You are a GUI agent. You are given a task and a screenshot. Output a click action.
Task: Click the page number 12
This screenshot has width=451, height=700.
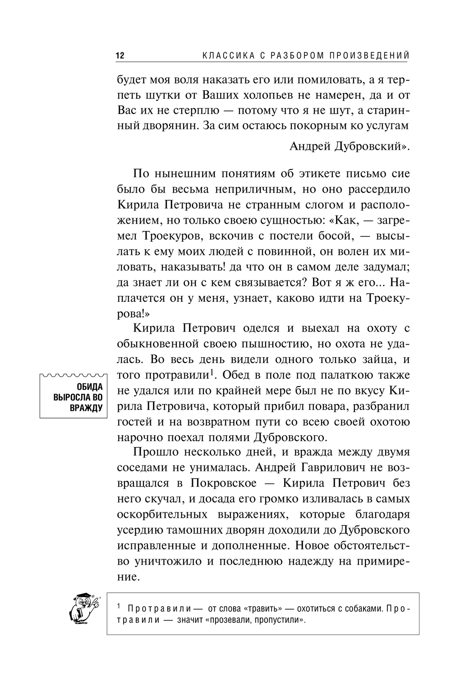pos(120,56)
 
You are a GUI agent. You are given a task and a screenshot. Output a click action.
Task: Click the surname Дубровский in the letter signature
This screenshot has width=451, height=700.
pos(366,146)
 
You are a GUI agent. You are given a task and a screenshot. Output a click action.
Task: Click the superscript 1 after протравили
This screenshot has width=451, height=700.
pos(210,372)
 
